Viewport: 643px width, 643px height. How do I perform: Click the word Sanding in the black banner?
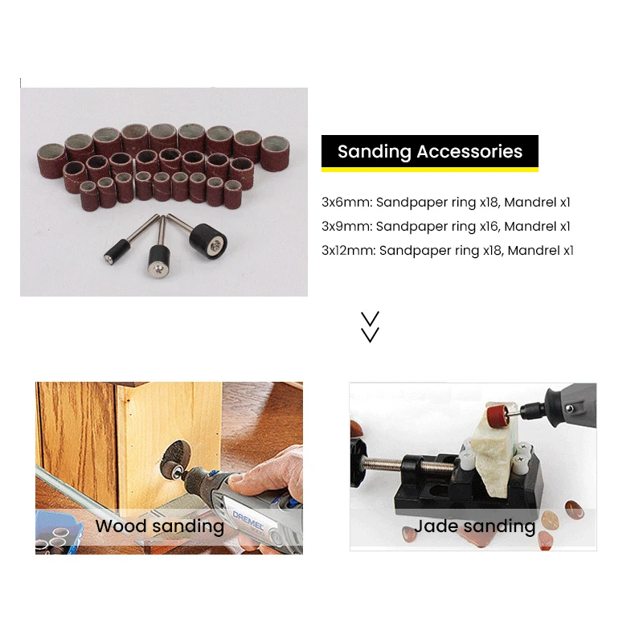pos(374,152)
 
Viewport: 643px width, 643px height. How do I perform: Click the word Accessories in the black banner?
pos(469,151)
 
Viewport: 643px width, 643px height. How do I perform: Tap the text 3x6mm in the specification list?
pos(347,203)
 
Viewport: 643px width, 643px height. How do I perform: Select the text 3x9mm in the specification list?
pos(347,227)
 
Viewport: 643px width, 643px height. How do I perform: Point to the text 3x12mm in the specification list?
pos(349,251)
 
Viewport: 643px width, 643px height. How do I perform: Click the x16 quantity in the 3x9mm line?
pos(490,227)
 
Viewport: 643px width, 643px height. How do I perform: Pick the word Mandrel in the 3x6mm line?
pos(530,203)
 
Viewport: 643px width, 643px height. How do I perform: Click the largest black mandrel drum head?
pos(208,241)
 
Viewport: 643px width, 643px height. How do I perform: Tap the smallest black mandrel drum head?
pos(117,251)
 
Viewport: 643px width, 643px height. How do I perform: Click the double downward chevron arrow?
pos(370,327)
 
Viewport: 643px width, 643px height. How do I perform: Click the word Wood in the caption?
pos(121,526)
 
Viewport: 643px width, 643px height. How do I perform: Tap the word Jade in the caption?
pos(436,526)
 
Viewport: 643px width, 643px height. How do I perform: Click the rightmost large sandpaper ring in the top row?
pos(275,154)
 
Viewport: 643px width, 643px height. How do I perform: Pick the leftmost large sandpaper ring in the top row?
pos(51,161)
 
